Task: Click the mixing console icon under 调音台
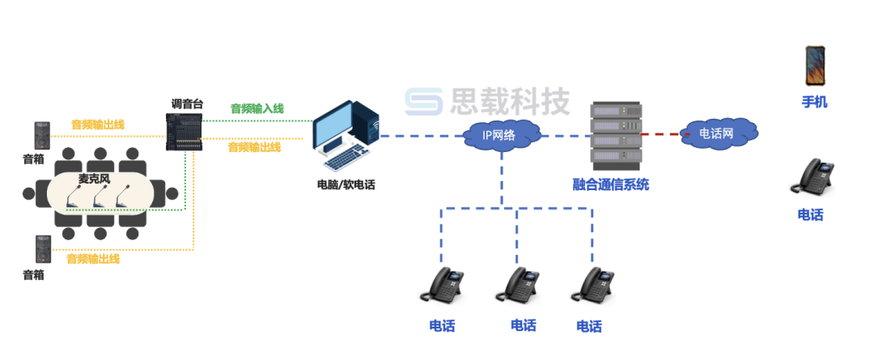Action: tap(184, 131)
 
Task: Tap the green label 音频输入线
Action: tap(257, 108)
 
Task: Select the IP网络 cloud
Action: tap(499, 135)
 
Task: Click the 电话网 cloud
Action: tap(717, 133)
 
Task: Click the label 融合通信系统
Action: tap(610, 185)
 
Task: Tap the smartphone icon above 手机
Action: tap(814, 66)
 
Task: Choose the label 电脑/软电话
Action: tap(346, 184)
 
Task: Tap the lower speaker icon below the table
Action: tap(42, 248)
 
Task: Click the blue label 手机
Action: tap(814, 103)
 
